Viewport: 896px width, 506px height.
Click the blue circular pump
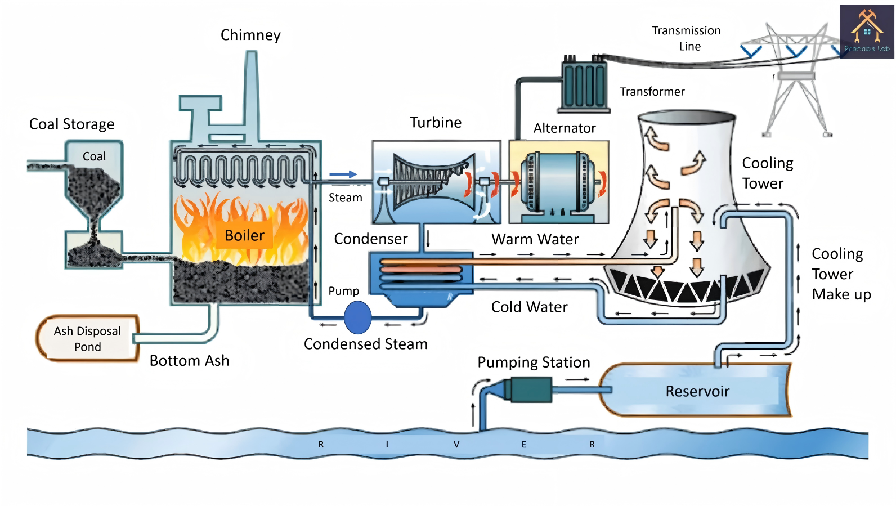click(357, 317)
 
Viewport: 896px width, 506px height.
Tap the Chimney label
click(250, 35)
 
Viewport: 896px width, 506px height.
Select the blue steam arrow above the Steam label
click(343, 174)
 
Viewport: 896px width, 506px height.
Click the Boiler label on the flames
click(244, 235)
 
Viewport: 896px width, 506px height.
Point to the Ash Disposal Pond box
click(87, 338)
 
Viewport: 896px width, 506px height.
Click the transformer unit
click(584, 86)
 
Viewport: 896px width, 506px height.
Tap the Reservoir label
click(697, 391)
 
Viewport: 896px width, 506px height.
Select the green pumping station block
click(530, 389)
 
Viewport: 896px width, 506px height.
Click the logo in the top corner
click(867, 32)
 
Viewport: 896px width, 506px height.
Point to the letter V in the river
click(456, 444)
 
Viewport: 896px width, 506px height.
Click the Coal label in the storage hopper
click(94, 156)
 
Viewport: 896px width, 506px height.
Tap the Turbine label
click(436, 123)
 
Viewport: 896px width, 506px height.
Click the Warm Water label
click(535, 239)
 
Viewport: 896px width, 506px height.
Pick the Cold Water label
click(529, 307)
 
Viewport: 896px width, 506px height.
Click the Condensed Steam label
click(366, 344)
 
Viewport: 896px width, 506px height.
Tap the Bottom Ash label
click(189, 361)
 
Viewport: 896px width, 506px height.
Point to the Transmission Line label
click(686, 38)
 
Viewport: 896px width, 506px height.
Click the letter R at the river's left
click(321, 444)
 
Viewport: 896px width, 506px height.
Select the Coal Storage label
click(71, 124)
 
